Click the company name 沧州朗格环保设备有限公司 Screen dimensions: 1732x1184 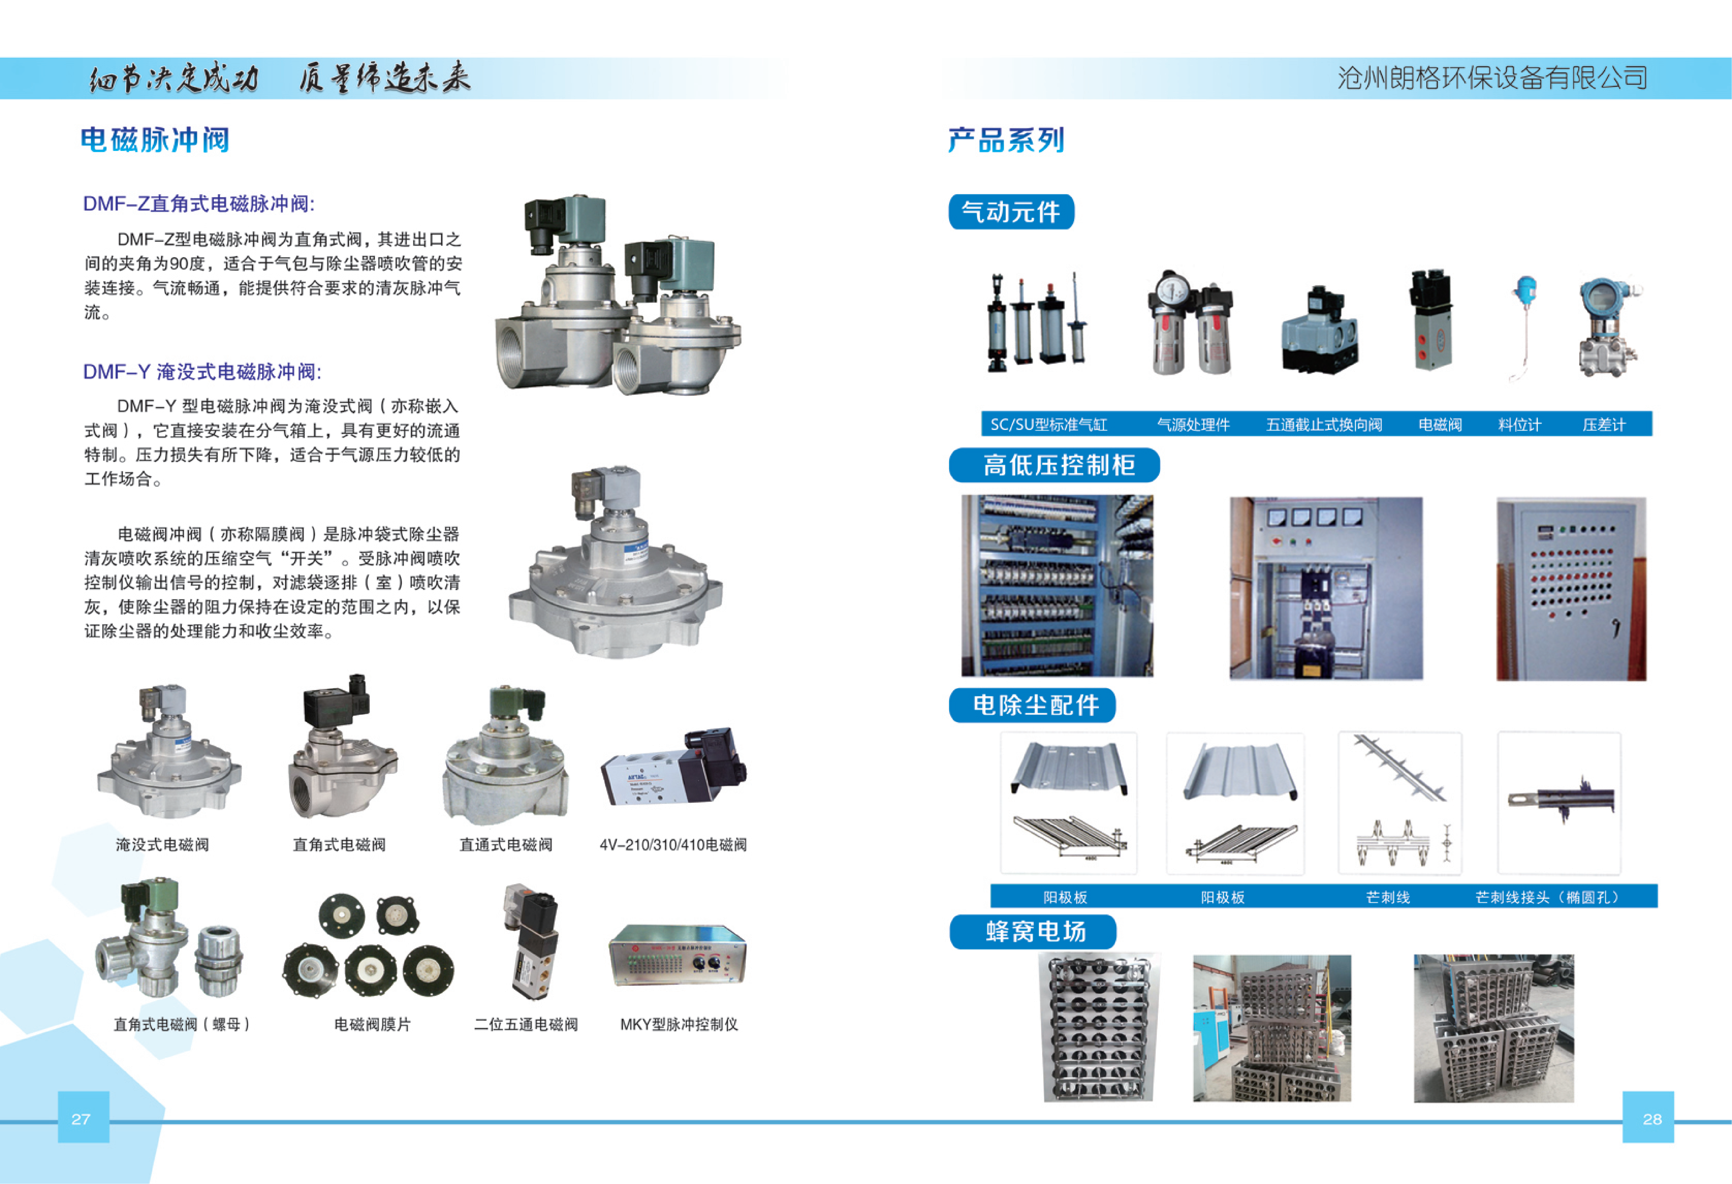pos(1492,77)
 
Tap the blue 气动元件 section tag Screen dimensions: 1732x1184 pos(1011,212)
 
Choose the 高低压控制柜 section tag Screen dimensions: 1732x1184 pos(1055,465)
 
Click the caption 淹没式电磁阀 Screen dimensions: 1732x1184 pos(162,845)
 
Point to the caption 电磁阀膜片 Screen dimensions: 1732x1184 pos(373,1024)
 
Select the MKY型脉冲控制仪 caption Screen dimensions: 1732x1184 pos(679,1024)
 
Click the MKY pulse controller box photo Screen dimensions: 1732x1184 pos(677,955)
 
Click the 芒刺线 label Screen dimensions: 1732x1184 pos(1388,897)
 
